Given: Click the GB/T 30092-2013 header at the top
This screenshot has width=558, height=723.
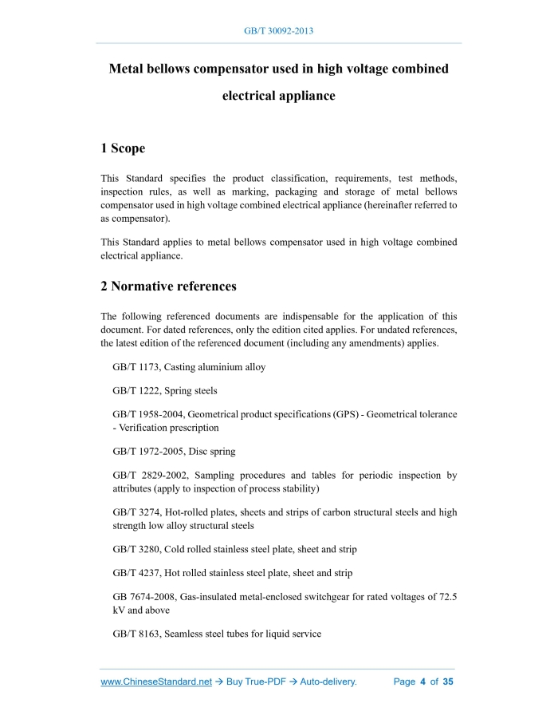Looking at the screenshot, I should click(x=278, y=31).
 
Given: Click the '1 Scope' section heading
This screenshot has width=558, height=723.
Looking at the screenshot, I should click(x=123, y=148).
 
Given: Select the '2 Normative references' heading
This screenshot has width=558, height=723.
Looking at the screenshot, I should click(x=168, y=286).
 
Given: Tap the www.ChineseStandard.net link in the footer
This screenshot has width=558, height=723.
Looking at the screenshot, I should click(x=156, y=682).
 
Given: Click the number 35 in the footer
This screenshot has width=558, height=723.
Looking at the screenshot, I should click(x=448, y=682).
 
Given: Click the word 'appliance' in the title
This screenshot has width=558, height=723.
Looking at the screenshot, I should click(x=300, y=96).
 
